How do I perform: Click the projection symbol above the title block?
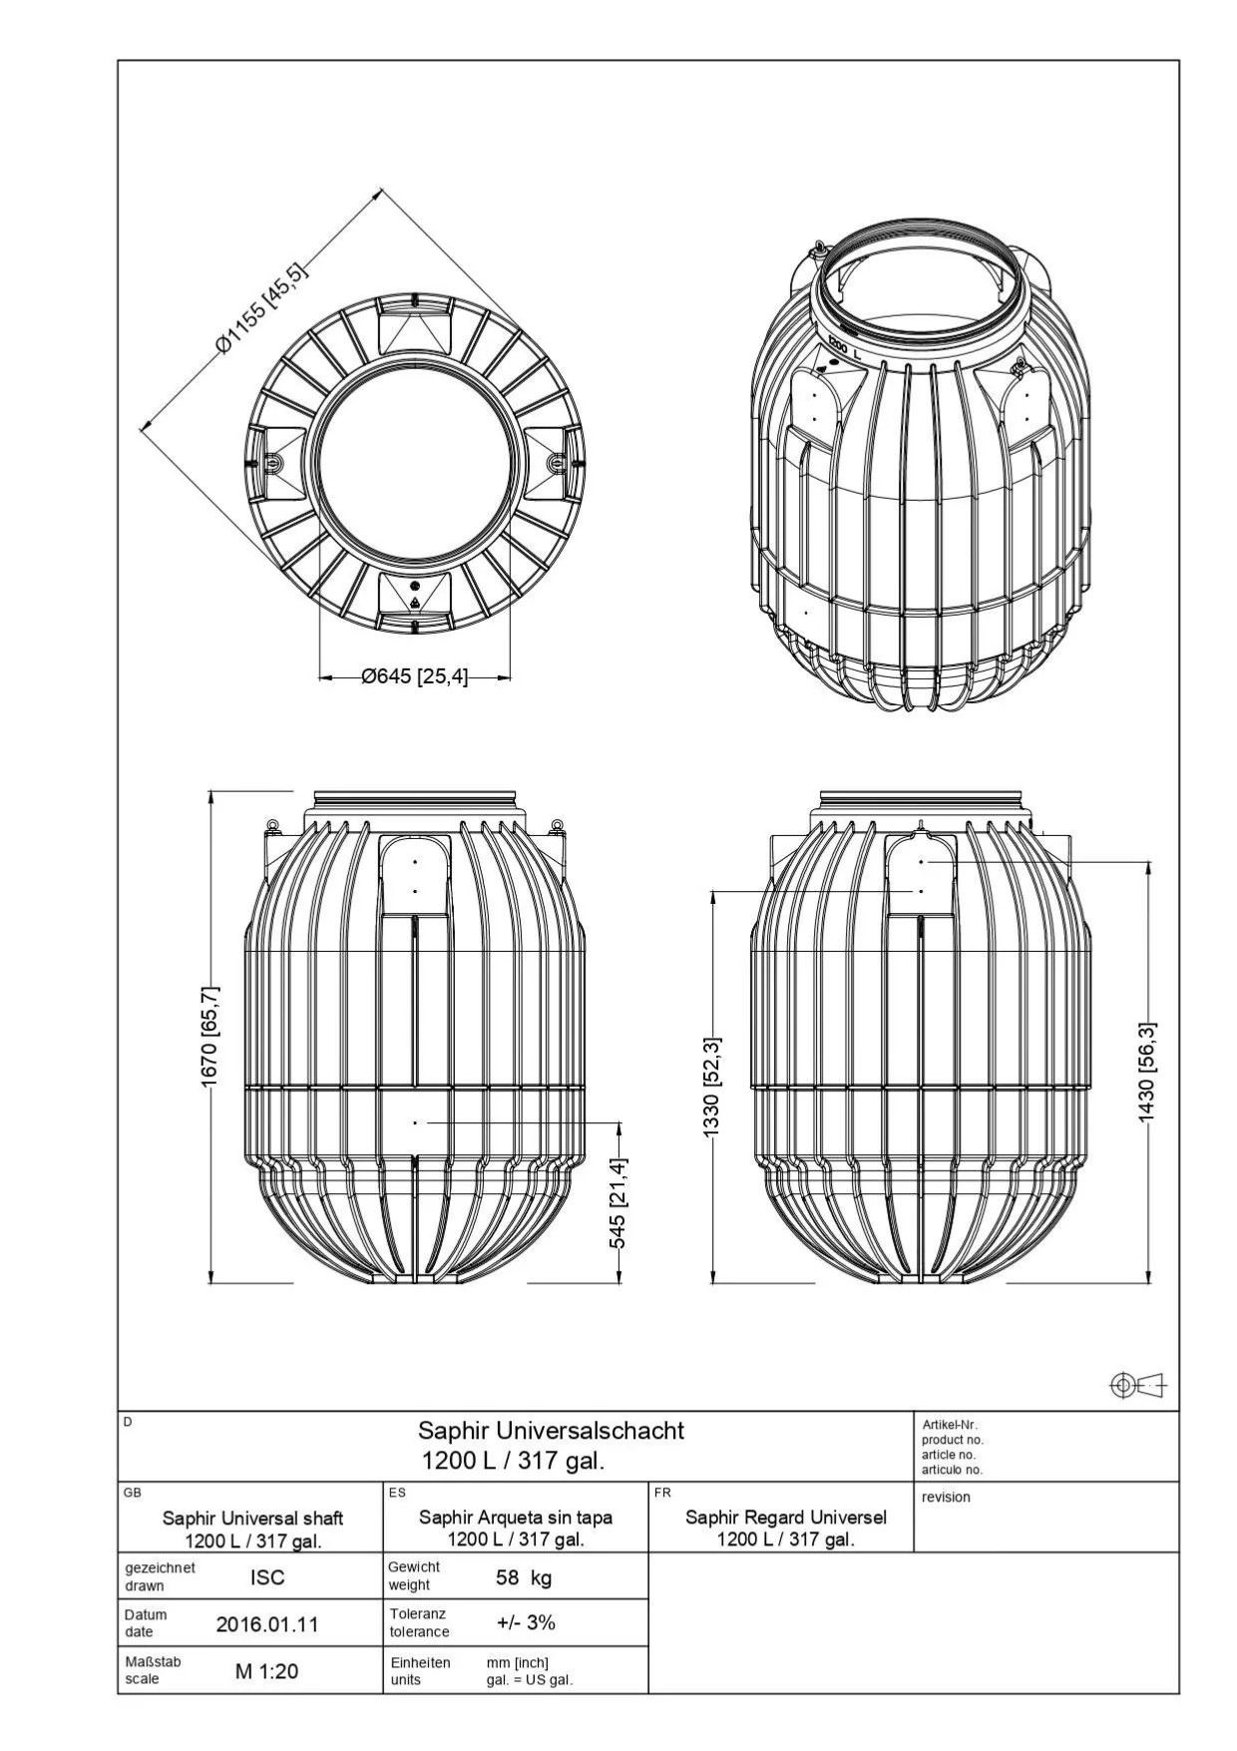[x=1137, y=1385]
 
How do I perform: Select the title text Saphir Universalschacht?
[x=551, y=1431]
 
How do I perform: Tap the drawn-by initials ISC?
[x=267, y=1577]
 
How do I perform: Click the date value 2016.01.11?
[x=267, y=1624]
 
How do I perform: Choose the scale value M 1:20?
[x=266, y=1671]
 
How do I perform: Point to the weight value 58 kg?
[x=524, y=1577]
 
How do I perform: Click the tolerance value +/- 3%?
[x=526, y=1622]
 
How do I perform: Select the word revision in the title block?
[x=946, y=1497]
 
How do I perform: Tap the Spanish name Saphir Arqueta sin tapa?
[x=516, y=1518]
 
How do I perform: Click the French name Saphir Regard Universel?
[x=786, y=1518]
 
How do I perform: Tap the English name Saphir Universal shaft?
[x=252, y=1519]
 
